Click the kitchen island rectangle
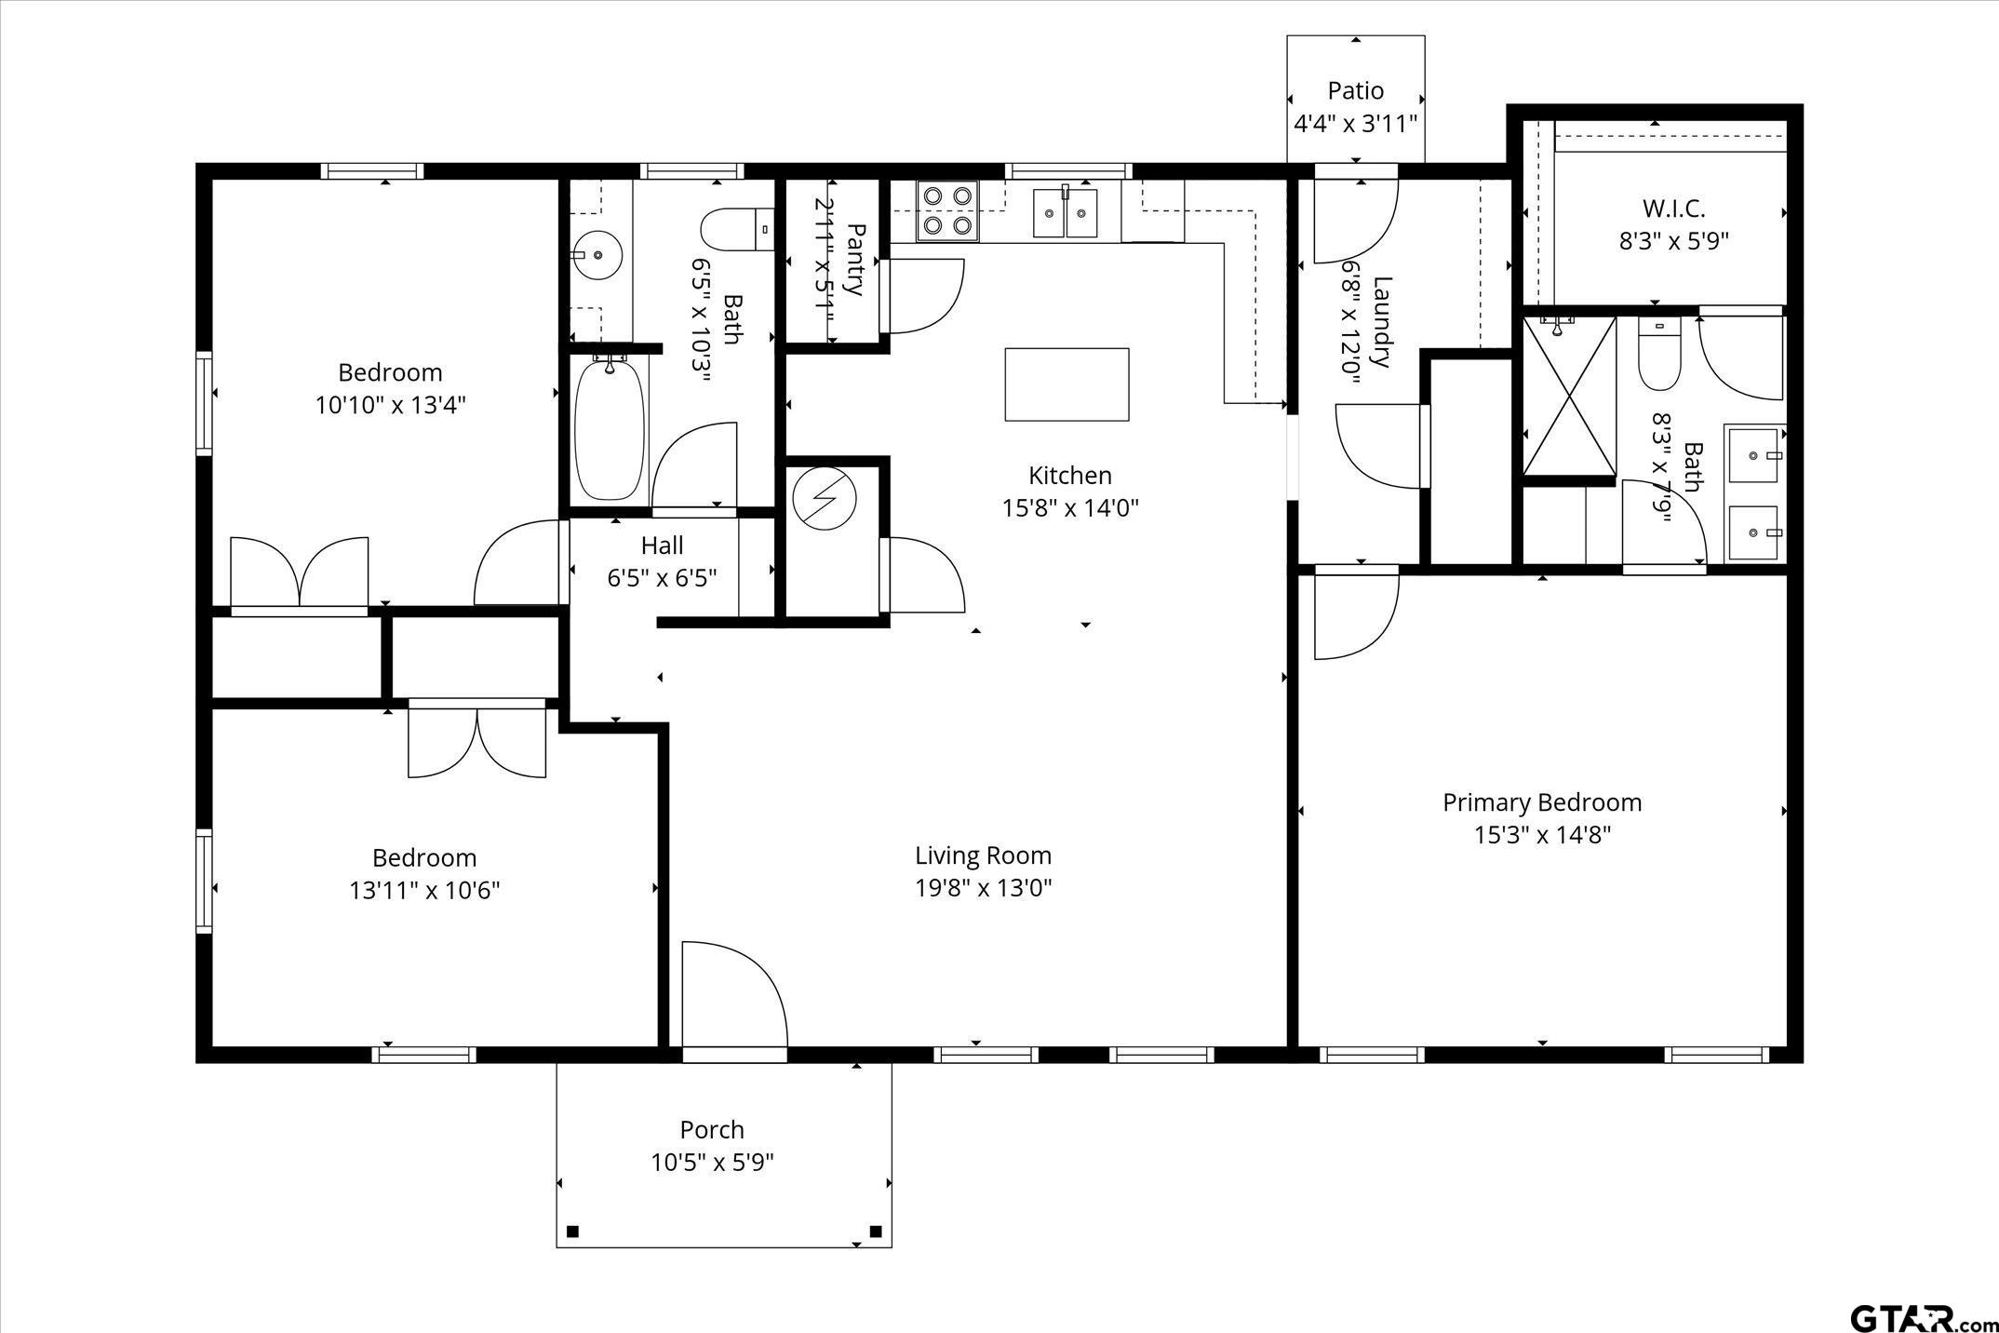tap(1067, 384)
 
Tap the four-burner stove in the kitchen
tap(947, 210)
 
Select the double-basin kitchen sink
tap(1065, 213)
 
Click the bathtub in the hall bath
tap(610, 429)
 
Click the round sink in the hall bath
tap(597, 254)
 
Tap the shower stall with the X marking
tap(1569, 396)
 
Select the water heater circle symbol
tap(823, 498)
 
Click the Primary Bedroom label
tap(1542, 802)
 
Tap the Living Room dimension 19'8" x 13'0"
tap(983, 888)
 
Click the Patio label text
tap(1355, 91)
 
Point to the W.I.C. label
tap(1673, 209)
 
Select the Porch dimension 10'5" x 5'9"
tap(712, 1163)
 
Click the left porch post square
tap(573, 1232)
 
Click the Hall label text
tap(662, 545)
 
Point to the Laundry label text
tap(1381, 321)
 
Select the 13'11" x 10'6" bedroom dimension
tap(424, 891)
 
